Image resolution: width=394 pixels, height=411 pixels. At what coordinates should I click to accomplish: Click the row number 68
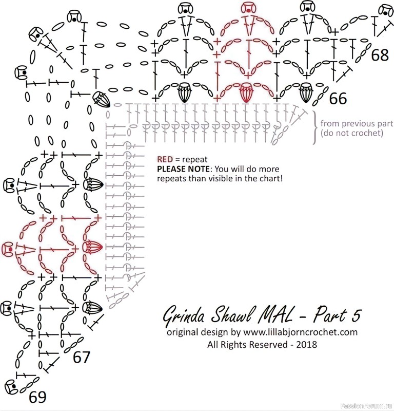tap(380, 55)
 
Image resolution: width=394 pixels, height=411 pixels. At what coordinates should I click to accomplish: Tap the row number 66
tap(338, 99)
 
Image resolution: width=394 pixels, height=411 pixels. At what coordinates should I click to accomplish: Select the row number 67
tap(82, 357)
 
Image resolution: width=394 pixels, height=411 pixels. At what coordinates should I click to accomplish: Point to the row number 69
tap(37, 397)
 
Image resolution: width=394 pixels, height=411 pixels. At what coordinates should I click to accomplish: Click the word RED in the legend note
tap(165, 159)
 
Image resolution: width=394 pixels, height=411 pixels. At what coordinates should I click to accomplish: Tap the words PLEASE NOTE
tap(183, 169)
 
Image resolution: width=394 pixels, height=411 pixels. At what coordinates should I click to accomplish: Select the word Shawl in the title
tap(232, 314)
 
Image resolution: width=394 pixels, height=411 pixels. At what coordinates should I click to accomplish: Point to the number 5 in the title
tap(356, 315)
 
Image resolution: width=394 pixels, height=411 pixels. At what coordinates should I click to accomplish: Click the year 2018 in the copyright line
tap(307, 344)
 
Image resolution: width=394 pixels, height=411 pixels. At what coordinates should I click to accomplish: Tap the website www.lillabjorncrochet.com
tap(301, 332)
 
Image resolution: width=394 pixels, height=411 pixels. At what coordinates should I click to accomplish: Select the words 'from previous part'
tap(357, 123)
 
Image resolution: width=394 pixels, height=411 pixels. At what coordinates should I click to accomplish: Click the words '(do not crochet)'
tap(352, 133)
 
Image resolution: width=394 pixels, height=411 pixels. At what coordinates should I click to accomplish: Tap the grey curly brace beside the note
tap(315, 127)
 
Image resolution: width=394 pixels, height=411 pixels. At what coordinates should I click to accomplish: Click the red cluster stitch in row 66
tap(245, 92)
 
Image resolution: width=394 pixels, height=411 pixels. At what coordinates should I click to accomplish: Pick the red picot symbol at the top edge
tap(248, 8)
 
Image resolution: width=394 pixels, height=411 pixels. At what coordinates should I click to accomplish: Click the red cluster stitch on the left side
tap(92, 247)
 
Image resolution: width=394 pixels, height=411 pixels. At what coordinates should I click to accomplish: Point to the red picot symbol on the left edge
tap(8, 248)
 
